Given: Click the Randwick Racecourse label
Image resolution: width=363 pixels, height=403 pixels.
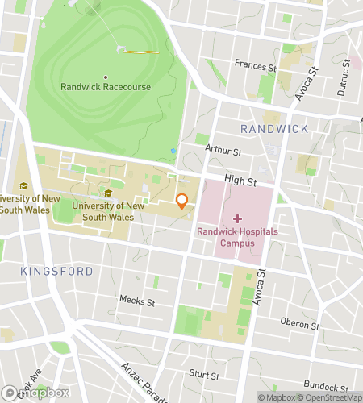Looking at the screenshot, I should pos(105,87).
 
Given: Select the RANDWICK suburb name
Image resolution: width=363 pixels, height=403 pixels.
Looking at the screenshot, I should pos(274,129).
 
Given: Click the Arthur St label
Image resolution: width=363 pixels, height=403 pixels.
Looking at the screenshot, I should pos(223,150).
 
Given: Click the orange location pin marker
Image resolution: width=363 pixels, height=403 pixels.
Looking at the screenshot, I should pos(182,201).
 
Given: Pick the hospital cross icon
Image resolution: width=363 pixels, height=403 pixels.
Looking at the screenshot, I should pos(237,218).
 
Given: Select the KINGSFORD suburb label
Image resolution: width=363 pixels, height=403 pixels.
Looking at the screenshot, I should pos(57,272).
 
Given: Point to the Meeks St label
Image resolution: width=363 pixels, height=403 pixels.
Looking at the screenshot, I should pos(137,301).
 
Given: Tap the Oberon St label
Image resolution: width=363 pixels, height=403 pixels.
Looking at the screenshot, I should pos(299,324).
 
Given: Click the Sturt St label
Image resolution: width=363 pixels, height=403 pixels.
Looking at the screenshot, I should pos(204,375).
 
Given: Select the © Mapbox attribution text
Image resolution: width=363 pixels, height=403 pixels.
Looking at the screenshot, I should pos(277,397).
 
